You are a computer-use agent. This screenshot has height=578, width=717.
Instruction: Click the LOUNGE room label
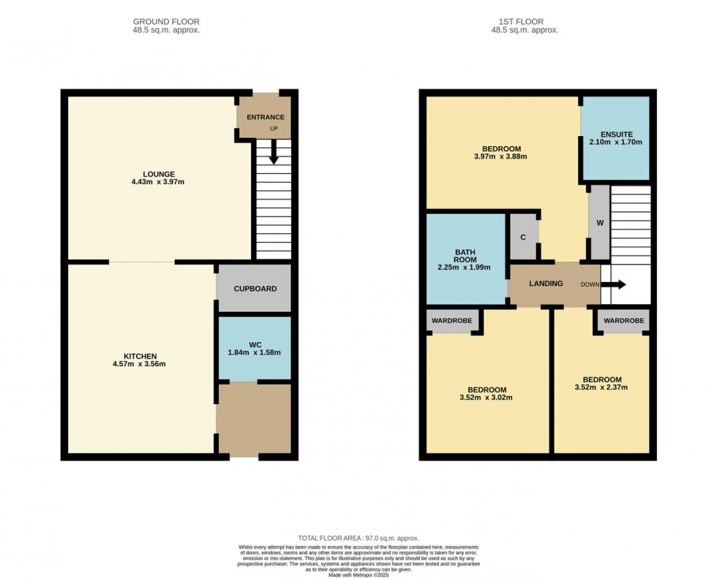click(159, 174)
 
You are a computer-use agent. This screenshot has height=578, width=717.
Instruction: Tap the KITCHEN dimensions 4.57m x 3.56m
click(139, 364)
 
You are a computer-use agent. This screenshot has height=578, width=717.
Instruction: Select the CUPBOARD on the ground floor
click(255, 289)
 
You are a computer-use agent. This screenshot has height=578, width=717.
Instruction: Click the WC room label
click(255, 345)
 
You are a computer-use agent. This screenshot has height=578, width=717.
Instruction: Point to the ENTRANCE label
click(265, 118)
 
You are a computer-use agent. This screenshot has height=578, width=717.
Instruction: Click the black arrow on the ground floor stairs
click(274, 151)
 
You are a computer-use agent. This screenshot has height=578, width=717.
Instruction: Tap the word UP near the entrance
click(274, 129)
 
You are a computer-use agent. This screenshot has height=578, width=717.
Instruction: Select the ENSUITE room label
click(616, 134)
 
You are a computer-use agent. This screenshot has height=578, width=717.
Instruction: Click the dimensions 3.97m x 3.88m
click(500, 156)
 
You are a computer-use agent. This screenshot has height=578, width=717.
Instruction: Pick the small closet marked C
click(524, 237)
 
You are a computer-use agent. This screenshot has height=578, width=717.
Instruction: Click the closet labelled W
click(600, 223)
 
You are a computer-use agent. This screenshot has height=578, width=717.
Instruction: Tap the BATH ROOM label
click(465, 256)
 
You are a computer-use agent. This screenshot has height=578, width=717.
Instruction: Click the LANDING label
click(546, 284)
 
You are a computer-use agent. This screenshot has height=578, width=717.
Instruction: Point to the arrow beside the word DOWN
click(613, 284)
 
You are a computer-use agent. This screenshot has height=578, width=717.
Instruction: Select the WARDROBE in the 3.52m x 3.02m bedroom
click(452, 321)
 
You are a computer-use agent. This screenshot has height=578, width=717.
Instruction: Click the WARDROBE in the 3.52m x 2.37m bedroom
click(623, 321)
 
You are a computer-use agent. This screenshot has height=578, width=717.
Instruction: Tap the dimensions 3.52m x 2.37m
click(601, 387)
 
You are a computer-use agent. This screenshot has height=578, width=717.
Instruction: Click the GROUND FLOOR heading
click(166, 21)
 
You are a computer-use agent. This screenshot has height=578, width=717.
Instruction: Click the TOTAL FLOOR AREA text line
click(358, 539)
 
